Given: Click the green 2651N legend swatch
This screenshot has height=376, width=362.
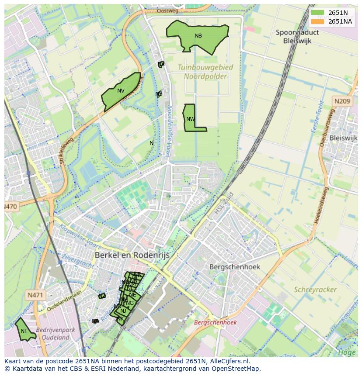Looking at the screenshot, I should pos(318,13).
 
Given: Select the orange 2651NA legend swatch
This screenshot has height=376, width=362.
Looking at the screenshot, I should pos(318,21).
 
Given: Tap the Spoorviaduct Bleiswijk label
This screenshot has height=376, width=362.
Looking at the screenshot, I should pos(297,36).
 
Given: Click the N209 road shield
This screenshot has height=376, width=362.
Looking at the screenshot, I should pos(342,101).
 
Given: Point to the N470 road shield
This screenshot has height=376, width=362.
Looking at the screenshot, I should pos(11,206).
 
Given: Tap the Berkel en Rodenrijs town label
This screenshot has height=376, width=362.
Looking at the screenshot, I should pos(132,255).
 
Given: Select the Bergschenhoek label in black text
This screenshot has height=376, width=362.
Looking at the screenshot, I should pos(235,266).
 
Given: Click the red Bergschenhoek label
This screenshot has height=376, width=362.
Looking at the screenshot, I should pos(215,322).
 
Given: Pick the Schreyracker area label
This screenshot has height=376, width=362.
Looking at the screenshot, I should pos(315,290).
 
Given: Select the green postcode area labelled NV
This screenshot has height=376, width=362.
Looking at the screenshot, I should pos(121,91).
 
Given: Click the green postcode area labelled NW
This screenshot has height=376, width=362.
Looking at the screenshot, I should pos(190,119).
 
